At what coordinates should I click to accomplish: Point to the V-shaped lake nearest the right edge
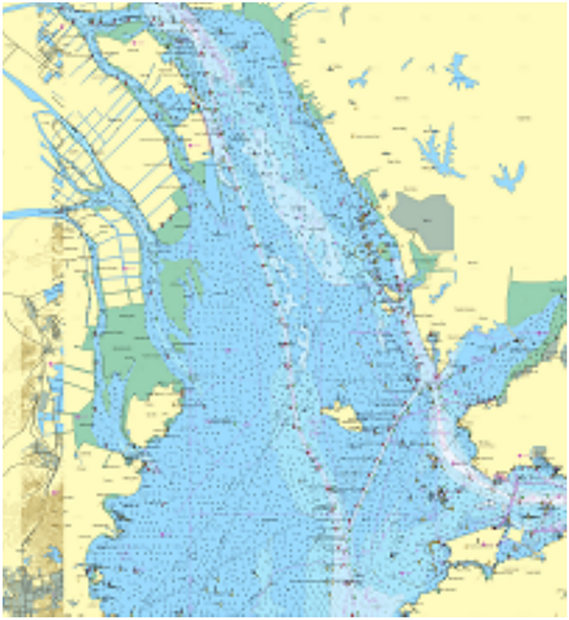(508, 175)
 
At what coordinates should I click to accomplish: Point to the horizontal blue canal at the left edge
(25, 214)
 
